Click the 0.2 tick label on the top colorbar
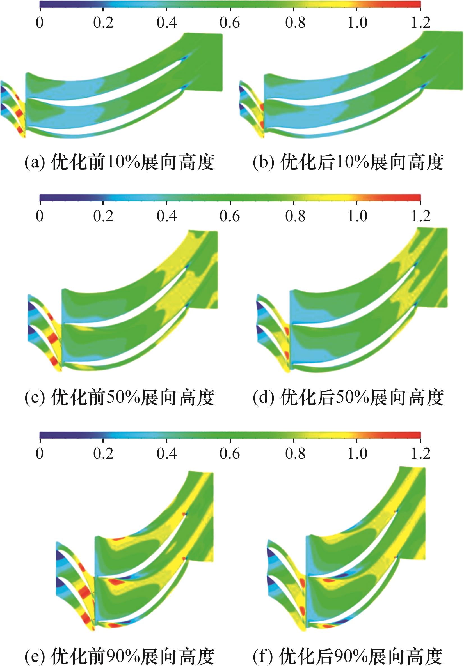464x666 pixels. [x=103, y=23]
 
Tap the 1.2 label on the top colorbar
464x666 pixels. [x=420, y=23]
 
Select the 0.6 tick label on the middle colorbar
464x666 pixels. [x=230, y=216]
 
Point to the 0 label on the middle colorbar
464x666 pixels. [x=40, y=216]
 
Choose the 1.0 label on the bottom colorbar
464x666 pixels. [x=357, y=453]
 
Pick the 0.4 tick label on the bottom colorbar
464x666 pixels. [x=167, y=453]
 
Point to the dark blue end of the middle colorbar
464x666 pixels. [x=48, y=197]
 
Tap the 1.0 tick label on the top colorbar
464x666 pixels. [x=357, y=23]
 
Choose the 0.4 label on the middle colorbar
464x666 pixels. [x=167, y=216]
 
